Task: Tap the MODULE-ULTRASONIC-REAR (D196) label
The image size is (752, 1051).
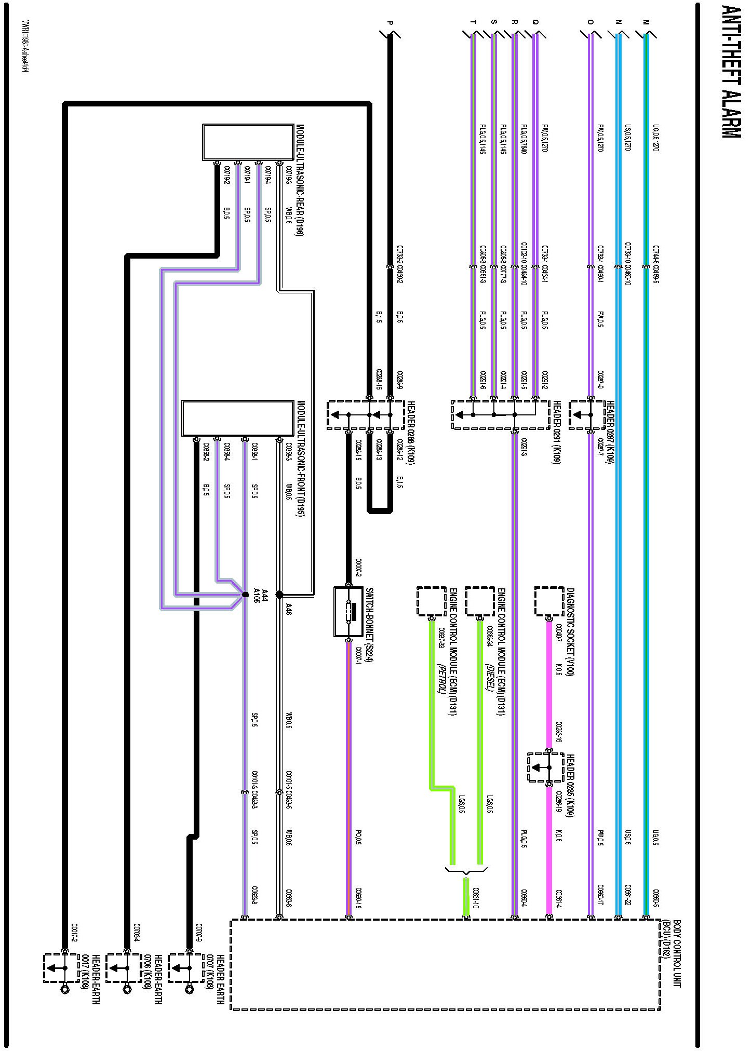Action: coord(300,181)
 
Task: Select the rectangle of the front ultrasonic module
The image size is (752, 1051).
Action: coord(238,419)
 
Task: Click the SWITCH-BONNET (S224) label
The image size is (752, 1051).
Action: coord(370,626)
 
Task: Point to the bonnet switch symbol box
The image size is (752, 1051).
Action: coord(348,612)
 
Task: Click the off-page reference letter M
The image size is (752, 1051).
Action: coord(646,22)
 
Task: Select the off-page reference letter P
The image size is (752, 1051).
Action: coord(390,22)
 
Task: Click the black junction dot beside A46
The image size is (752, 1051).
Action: coord(279,595)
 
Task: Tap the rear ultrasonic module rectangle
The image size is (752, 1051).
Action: coord(248,142)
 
